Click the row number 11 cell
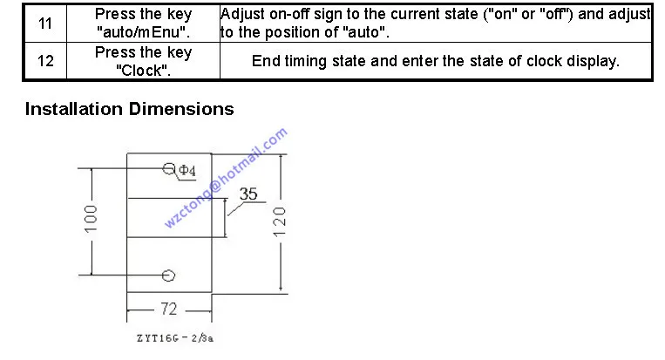(x=45, y=24)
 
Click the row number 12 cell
(x=45, y=61)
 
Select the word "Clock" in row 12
(x=142, y=70)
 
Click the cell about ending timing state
(x=435, y=61)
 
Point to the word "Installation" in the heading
(x=74, y=110)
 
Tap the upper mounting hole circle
(x=169, y=167)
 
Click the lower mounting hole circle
(x=169, y=275)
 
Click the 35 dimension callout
(x=248, y=194)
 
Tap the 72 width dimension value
(x=170, y=309)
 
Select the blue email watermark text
(x=225, y=178)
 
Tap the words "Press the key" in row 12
(x=143, y=52)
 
